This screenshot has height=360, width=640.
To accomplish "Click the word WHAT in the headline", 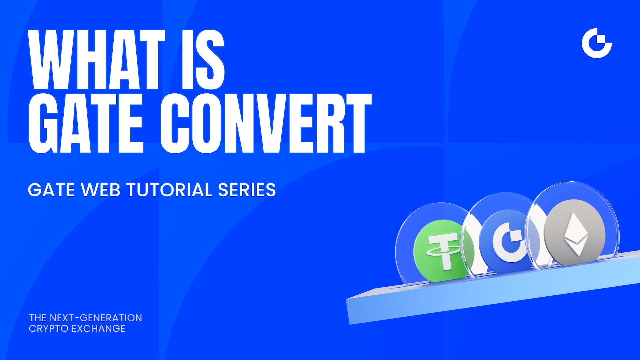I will pos(97,60).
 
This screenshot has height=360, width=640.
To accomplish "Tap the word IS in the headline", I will pos(203,60).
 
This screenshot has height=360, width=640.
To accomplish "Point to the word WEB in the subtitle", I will pos(101,190).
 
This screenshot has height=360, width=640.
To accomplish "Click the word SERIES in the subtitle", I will pos(247,190).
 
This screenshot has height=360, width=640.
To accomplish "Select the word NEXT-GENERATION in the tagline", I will pos(96,318).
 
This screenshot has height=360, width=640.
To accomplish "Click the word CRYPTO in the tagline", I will pos(49,329).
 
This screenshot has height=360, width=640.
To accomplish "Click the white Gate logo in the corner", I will pos(597,43).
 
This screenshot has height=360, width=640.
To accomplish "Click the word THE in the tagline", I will pos(38,318).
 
